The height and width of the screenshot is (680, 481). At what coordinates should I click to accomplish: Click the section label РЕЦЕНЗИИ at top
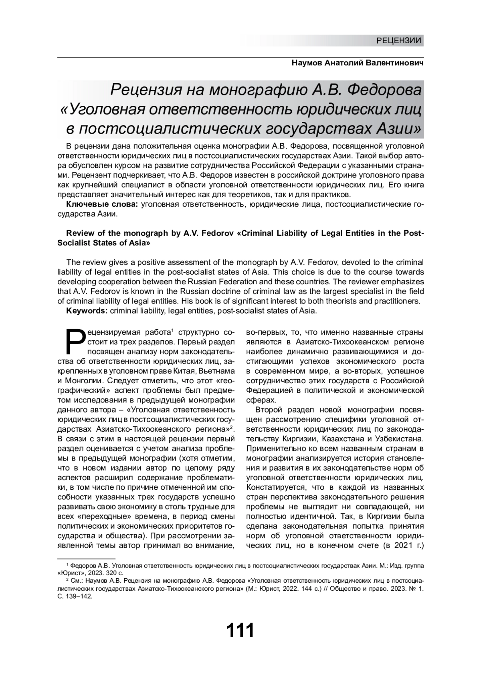click(399, 40)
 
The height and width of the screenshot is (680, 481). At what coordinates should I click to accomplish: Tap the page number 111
click(240, 630)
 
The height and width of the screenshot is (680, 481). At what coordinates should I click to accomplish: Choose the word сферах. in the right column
click(261, 400)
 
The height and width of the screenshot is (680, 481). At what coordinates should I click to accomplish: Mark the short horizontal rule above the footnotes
click(86, 558)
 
